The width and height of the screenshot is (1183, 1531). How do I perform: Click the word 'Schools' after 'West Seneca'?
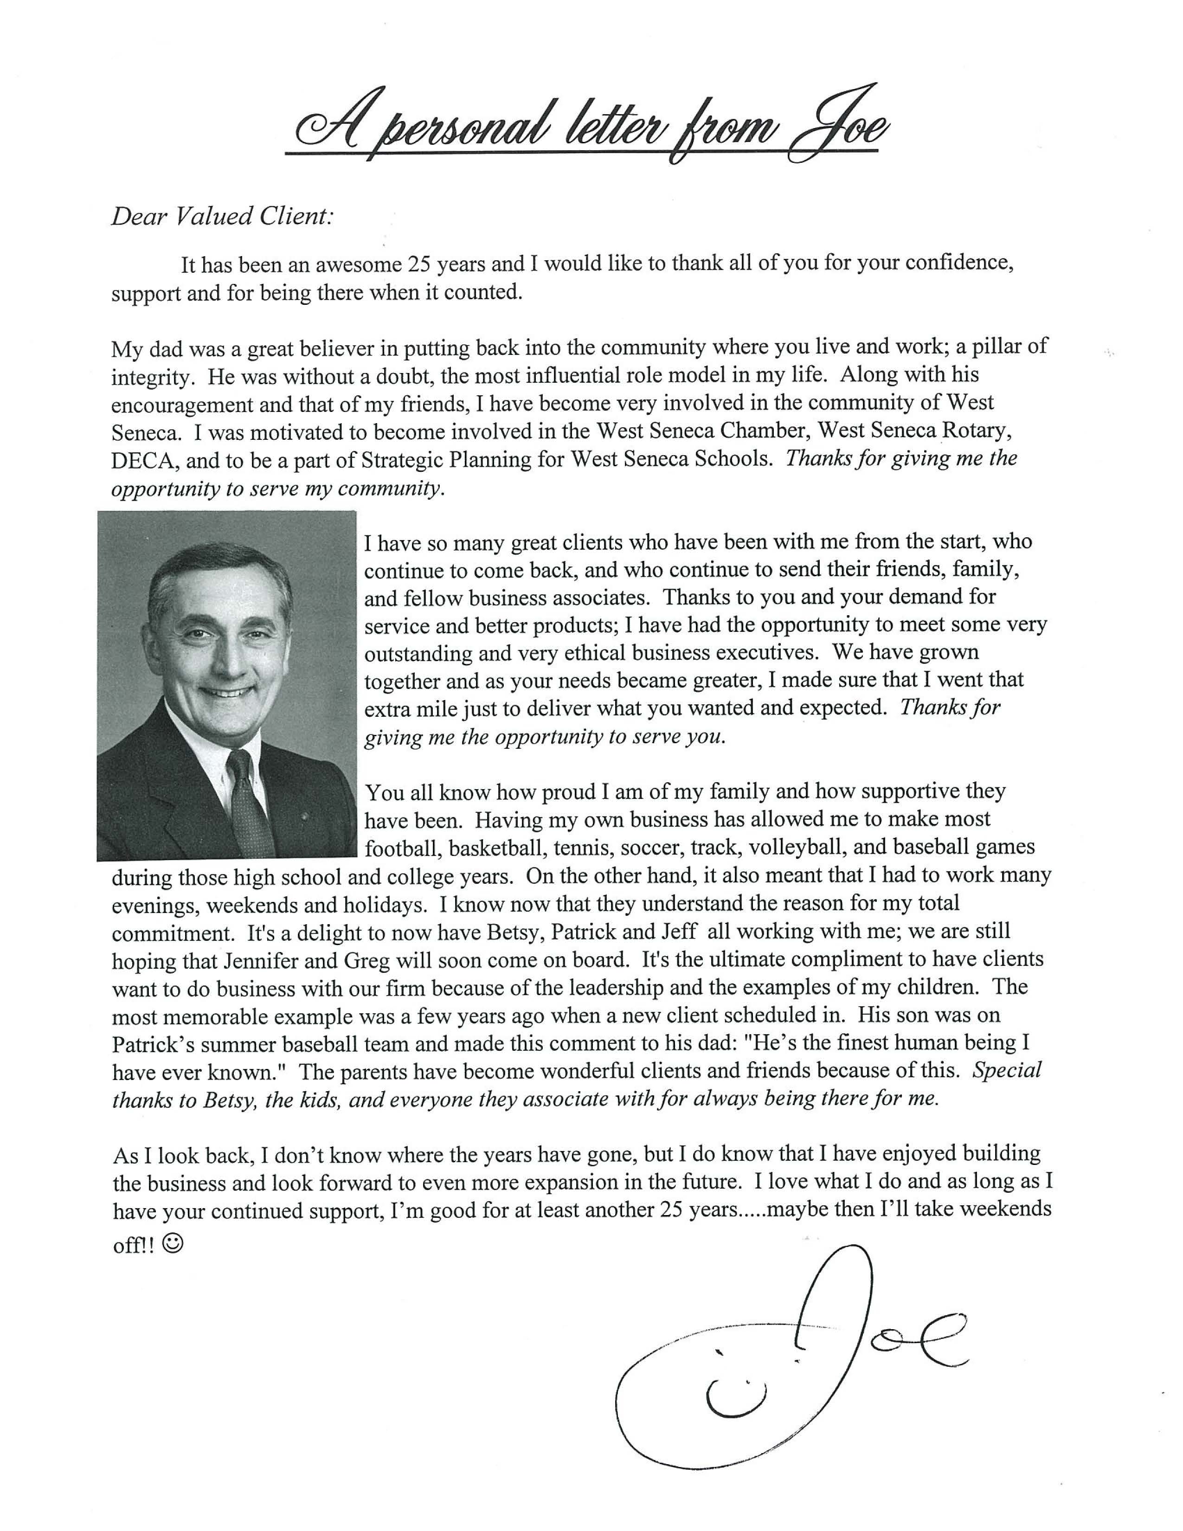click(x=730, y=460)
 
